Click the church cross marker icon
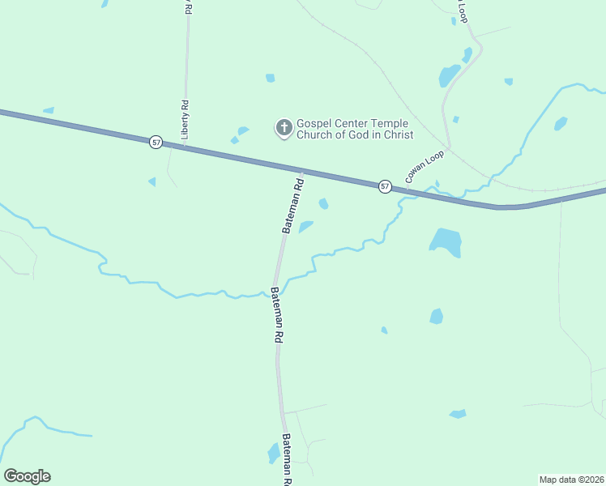coord(284,128)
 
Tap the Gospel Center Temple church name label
coord(355,129)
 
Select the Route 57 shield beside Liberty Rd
coord(156,143)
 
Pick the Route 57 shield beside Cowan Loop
coord(385,186)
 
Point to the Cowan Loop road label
coord(425,165)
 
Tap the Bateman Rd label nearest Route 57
coord(292,206)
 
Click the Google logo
coord(27,476)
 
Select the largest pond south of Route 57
coord(446,241)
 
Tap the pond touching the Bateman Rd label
coord(305,227)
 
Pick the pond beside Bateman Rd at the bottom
coord(273,453)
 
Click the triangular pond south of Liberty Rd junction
coord(151,181)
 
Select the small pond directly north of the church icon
coord(270,78)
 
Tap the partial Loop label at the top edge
coord(463,10)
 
